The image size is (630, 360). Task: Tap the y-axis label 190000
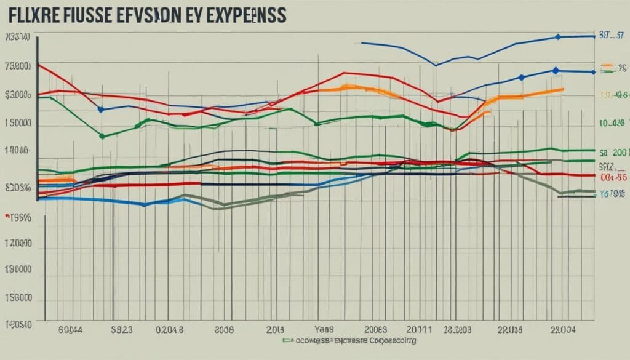17,270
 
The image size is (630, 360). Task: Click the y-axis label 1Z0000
17,244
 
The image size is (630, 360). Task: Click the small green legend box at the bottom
287,340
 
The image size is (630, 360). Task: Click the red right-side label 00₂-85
612,177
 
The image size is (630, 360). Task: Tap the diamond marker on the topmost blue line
558,37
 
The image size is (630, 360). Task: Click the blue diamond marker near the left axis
101,110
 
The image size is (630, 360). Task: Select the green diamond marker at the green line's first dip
102,137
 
